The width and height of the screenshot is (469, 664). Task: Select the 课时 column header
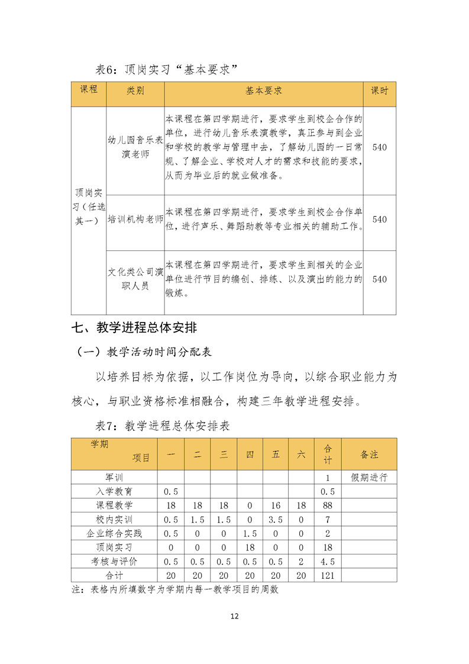pos(380,91)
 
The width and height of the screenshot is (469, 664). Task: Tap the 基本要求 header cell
pos(264,91)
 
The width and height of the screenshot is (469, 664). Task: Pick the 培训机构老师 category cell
pos(135,219)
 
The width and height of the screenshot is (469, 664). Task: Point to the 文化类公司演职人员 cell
pos(135,279)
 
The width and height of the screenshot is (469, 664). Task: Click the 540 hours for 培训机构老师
pos(380,219)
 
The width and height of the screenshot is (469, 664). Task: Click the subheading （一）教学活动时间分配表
pos(145,352)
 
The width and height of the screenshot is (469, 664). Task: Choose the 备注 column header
pos(369,455)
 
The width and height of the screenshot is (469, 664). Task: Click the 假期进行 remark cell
pos(369,478)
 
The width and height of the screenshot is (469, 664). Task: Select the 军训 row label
pos(114,478)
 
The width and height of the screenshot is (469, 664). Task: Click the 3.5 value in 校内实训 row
pos(276,519)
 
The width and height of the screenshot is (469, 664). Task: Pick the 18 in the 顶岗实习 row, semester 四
pos(250,547)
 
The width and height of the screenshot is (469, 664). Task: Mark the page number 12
pos(234,616)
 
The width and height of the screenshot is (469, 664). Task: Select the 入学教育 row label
pos(114,491)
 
